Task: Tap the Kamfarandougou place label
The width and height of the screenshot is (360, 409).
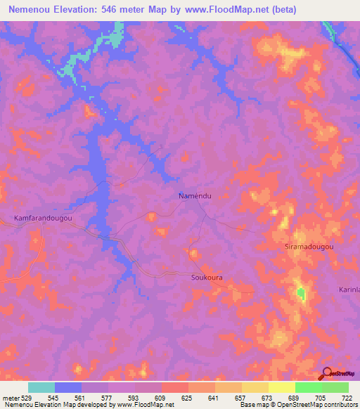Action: pos(43,219)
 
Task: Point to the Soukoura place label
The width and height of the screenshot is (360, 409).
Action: pos(207,278)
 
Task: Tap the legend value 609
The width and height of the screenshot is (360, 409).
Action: pos(162,398)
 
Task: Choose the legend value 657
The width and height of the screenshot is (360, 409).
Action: pos(241,398)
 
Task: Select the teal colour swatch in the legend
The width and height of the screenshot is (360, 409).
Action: pos(41,387)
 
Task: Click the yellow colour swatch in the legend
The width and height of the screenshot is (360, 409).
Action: pos(281,387)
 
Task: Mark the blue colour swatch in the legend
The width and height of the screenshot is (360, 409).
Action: pos(68,387)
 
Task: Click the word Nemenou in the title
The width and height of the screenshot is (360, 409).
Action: pos(32,10)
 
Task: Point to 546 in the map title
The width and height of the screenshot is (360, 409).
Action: pos(118,10)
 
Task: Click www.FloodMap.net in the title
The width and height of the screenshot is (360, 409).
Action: pos(221,10)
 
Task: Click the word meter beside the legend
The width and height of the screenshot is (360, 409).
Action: pos(11,398)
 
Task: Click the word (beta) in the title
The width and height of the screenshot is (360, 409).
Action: pos(281,10)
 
